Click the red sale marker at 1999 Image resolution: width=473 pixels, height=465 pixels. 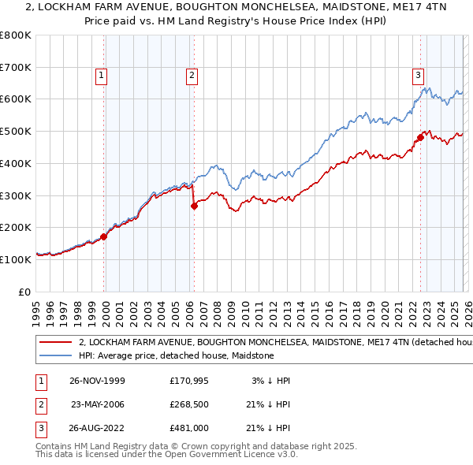pos(104,236)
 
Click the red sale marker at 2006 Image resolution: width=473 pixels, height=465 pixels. pos(194,206)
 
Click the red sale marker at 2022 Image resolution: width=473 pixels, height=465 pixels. pos(420,137)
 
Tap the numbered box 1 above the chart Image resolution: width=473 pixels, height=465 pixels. pos(102,76)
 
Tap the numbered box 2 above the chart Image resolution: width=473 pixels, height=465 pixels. pos(192,76)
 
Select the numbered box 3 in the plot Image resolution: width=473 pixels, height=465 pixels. pos(418,76)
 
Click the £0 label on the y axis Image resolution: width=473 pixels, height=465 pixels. pos(25,292)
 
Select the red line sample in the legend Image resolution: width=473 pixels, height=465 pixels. pos(55,343)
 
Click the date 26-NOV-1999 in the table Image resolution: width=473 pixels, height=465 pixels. pos(97,381)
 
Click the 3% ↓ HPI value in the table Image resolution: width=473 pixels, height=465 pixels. pos(270,381)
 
